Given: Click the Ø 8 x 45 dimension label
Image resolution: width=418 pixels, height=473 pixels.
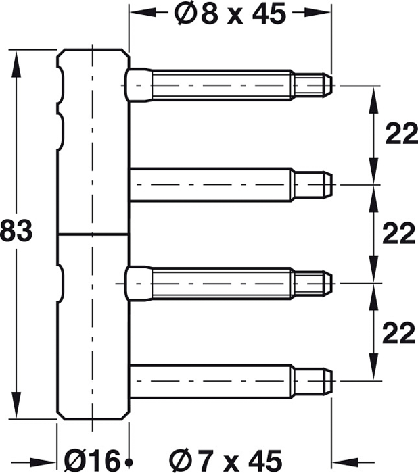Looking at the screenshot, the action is pyautogui.click(x=230, y=14).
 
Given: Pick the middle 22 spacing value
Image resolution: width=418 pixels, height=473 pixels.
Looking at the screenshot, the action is pyautogui.click(x=398, y=233).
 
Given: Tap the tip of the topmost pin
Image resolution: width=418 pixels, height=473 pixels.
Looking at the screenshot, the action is pyautogui.click(x=332, y=86).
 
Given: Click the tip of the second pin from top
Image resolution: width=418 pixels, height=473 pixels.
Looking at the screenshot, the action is pyautogui.click(x=332, y=184).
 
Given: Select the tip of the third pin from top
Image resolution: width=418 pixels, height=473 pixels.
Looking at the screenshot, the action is pyautogui.click(x=332, y=284).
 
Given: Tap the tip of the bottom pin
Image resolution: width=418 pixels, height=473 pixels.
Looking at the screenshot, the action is pyautogui.click(x=332, y=381).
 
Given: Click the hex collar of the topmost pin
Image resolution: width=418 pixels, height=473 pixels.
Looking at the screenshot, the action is pyautogui.click(x=139, y=85).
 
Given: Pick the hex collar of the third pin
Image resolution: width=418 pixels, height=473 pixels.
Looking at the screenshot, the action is pyautogui.click(x=139, y=283).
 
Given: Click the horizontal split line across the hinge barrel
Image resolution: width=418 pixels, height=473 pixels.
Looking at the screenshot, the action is pyautogui.click(x=93, y=234).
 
